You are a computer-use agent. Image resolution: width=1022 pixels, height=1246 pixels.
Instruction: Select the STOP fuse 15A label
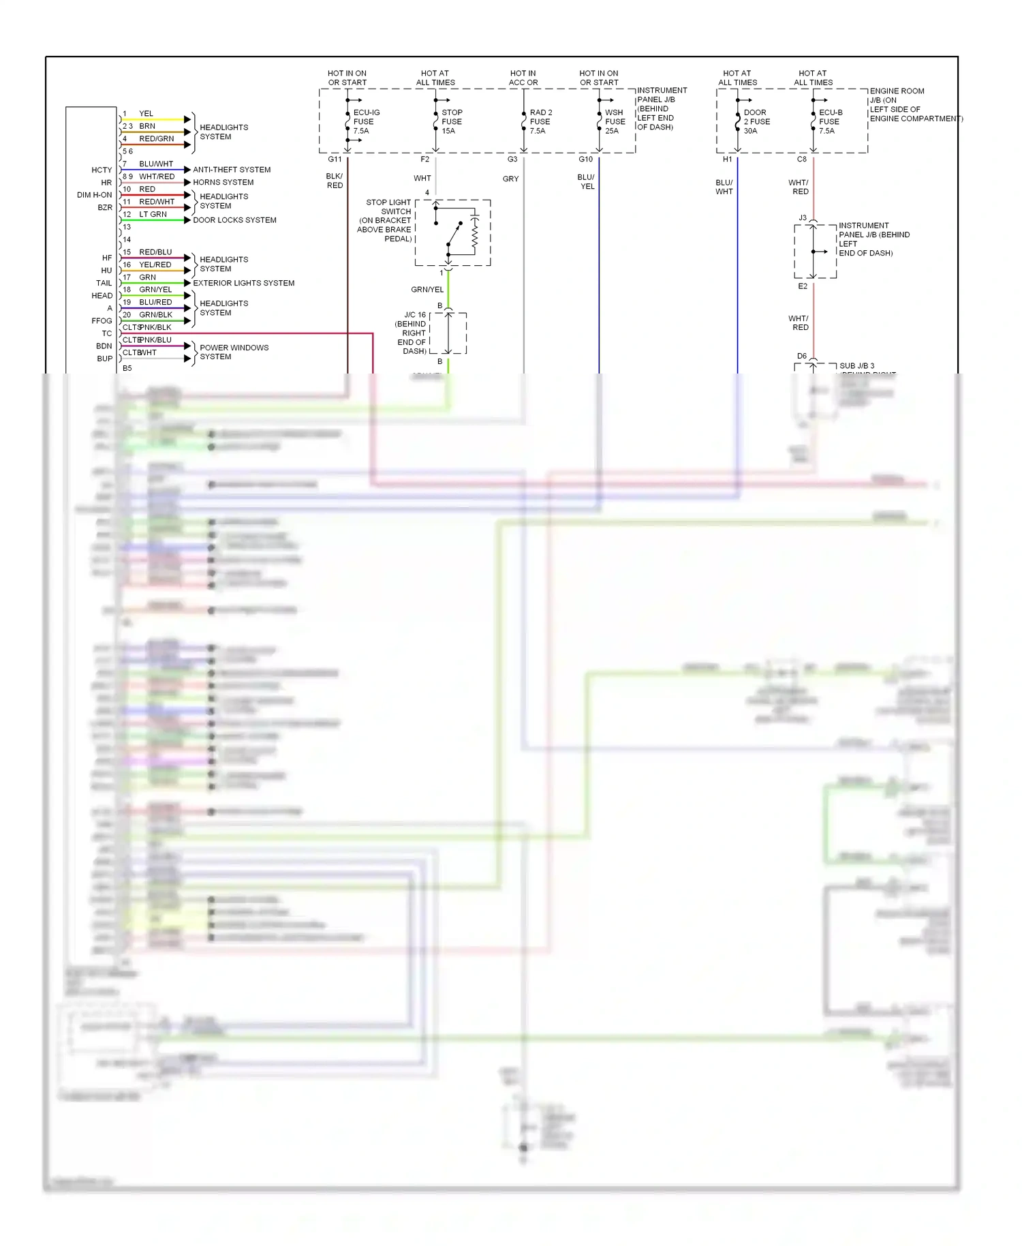coord(451,121)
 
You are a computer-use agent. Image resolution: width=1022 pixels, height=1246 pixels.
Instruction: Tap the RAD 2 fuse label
coord(540,121)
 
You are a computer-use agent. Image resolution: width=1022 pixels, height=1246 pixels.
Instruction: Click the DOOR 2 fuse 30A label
coord(756,121)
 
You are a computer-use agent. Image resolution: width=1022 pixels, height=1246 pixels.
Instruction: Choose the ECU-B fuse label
coord(830,121)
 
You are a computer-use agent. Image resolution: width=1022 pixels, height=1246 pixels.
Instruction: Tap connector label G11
coord(335,159)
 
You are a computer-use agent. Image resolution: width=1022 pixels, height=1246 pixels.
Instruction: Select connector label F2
coord(424,159)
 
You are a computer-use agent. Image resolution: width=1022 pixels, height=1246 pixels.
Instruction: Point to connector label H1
coord(727,159)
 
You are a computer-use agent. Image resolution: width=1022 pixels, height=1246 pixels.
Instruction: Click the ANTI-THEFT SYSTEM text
coord(232,170)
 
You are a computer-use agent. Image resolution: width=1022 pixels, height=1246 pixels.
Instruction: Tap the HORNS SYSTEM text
coord(223,182)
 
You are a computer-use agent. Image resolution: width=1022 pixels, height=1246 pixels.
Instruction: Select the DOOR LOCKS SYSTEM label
coord(234,220)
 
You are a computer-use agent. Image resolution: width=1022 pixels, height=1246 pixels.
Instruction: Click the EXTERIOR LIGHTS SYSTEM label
coord(243,283)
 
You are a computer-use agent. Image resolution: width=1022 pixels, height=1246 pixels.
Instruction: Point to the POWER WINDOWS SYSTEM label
coord(234,352)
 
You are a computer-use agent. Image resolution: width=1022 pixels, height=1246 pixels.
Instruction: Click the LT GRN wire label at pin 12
coord(153,214)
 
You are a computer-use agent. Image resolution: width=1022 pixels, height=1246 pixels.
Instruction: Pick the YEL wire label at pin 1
coord(146,114)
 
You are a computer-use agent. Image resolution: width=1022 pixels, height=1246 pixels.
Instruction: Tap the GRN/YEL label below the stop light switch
coord(427,290)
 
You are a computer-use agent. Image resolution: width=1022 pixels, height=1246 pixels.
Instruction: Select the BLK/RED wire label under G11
coord(335,181)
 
